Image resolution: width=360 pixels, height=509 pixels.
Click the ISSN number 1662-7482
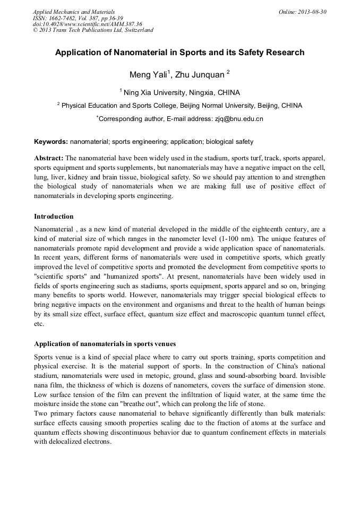(61, 18)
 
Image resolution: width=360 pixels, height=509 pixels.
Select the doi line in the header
(87, 24)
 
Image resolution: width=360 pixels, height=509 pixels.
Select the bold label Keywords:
(50, 142)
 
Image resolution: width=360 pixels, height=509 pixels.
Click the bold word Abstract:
(49, 158)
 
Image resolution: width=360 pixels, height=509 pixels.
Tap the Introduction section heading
(54, 217)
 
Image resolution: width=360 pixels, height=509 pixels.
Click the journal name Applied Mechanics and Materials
(73, 12)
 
